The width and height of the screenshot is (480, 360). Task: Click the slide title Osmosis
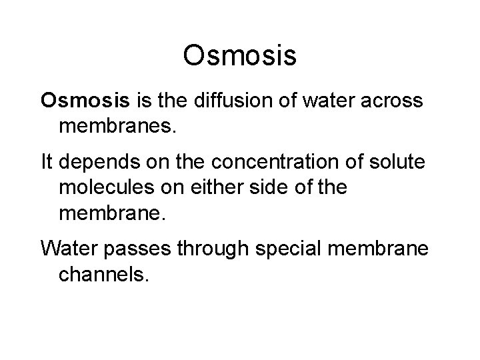click(x=239, y=56)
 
